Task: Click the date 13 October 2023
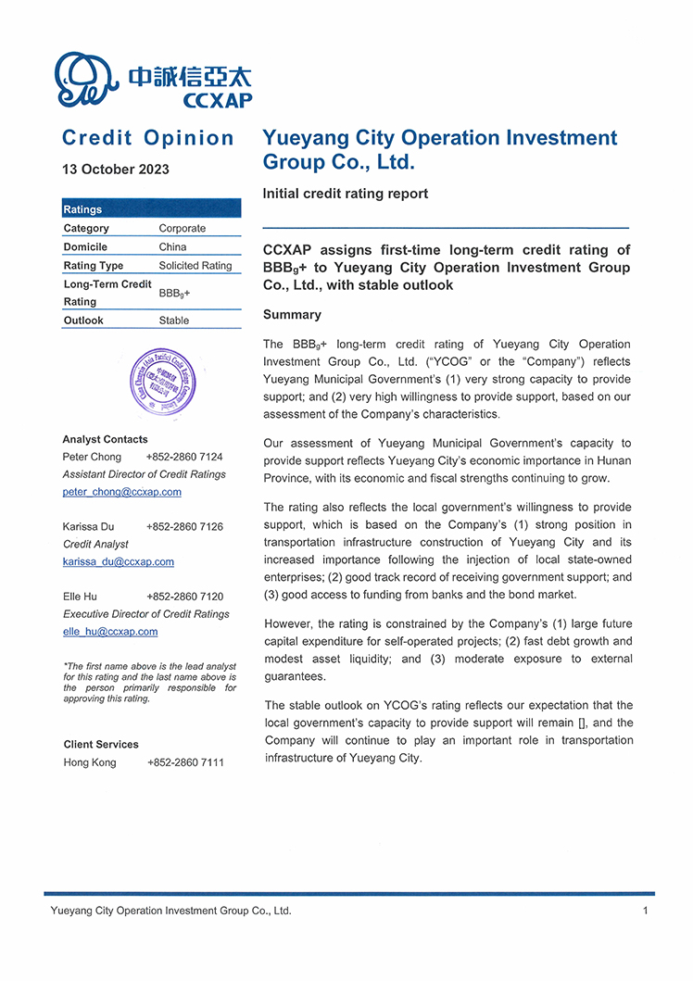pyautogui.click(x=116, y=170)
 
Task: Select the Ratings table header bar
pyautogui.click(x=151, y=209)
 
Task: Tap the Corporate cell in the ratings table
pyautogui.click(x=183, y=229)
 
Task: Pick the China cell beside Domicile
pyautogui.click(x=172, y=247)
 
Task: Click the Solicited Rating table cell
pyautogui.click(x=195, y=266)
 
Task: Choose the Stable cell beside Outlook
pyautogui.click(x=174, y=321)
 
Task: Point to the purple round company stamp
pyautogui.click(x=163, y=382)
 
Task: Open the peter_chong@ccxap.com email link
pyautogui.click(x=122, y=492)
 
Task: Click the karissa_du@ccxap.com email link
pyautogui.click(x=119, y=561)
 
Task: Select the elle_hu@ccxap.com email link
pyautogui.click(x=110, y=632)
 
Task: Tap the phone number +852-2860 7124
pyautogui.click(x=184, y=457)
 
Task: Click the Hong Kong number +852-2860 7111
pyautogui.click(x=185, y=762)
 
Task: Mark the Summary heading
pyautogui.click(x=292, y=315)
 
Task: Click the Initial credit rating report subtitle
pyautogui.click(x=346, y=194)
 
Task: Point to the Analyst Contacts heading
pyautogui.click(x=105, y=439)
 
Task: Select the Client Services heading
pyautogui.click(x=101, y=744)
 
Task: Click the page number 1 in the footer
pyautogui.click(x=645, y=911)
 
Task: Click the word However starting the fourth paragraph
pyautogui.click(x=289, y=623)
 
